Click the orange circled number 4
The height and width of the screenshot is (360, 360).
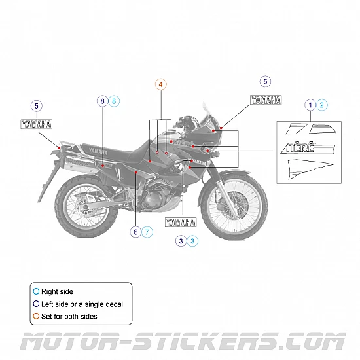pyautogui.click(x=161, y=84)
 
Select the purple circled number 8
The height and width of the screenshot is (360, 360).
pyautogui.click(x=102, y=101)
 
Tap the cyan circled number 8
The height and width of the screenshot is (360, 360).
pyautogui.click(x=114, y=101)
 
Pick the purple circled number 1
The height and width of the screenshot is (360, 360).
pyautogui.click(x=311, y=104)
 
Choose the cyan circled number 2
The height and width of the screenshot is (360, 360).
pyautogui.click(x=322, y=104)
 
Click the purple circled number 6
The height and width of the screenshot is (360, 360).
pyautogui.click(x=135, y=232)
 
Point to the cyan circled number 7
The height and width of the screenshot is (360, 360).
pyautogui.click(x=147, y=232)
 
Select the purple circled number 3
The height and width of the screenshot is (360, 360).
pyautogui.click(x=180, y=241)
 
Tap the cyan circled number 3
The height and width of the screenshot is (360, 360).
pyautogui.click(x=192, y=241)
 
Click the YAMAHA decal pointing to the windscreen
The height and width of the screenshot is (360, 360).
pyautogui.click(x=265, y=100)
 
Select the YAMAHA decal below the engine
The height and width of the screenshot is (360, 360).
pyautogui.click(x=181, y=223)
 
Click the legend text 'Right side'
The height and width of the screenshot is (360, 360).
pyautogui.click(x=57, y=291)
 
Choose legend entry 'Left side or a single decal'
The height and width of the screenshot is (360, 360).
pyautogui.click(x=82, y=304)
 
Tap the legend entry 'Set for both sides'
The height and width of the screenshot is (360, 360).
pyautogui.click(x=70, y=316)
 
